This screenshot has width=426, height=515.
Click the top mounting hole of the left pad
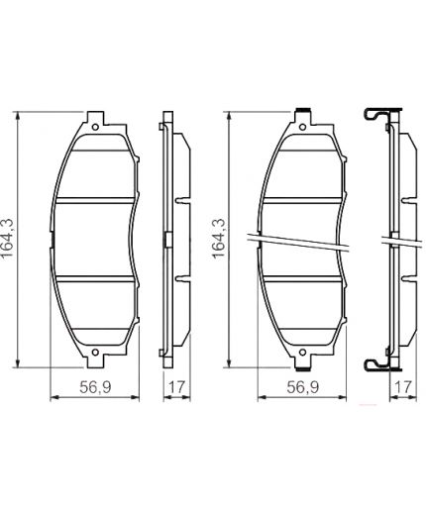pos(96,125)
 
